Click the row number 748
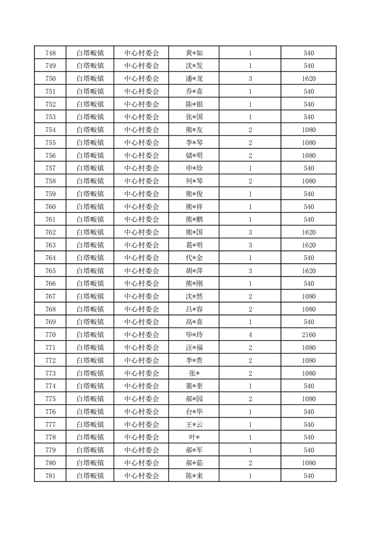click(50, 53)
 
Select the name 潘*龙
click(194, 79)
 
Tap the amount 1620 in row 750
click(308, 79)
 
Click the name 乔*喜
click(194, 92)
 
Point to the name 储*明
click(194, 155)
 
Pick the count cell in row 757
click(250, 168)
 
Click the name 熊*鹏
click(194, 220)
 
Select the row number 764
click(50, 258)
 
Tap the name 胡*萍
click(194, 271)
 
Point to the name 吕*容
click(194, 309)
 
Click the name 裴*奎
click(194, 386)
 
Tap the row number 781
click(50, 476)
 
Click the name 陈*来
click(194, 476)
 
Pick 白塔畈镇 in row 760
click(90, 207)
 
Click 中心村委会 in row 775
click(142, 399)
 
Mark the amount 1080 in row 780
click(308, 463)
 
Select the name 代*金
click(194, 258)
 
